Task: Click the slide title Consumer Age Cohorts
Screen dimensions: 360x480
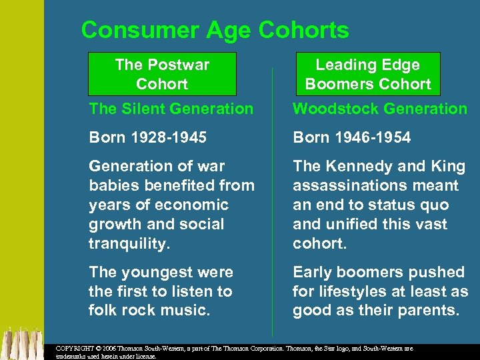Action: [215, 30]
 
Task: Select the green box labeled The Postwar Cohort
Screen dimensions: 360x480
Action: [162, 74]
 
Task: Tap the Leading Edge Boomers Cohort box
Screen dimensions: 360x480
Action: [367, 74]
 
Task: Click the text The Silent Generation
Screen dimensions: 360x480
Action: [171, 109]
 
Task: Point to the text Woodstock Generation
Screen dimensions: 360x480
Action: [380, 109]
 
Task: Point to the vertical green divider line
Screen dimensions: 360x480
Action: [273, 200]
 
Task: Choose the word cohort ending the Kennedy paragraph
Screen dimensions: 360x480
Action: [319, 244]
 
